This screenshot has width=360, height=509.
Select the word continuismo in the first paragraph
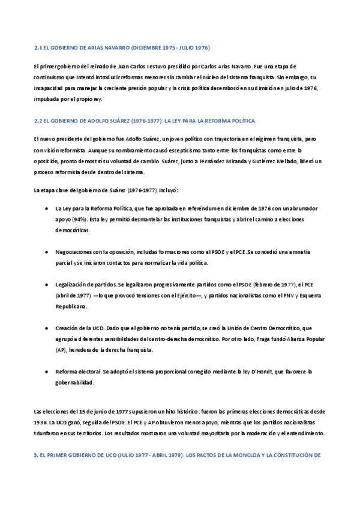pyautogui.click(x=50, y=77)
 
